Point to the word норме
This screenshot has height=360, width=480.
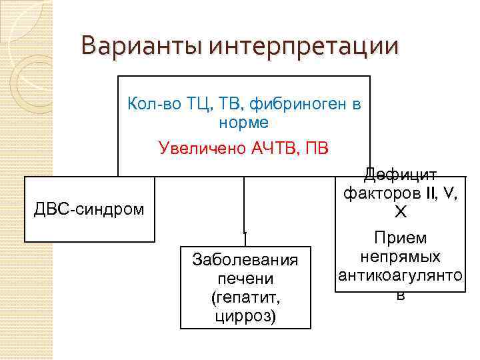click(243, 123)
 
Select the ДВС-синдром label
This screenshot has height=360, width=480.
click(89, 209)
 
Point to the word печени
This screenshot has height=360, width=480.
click(245, 278)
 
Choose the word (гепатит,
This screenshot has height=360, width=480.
click(245, 297)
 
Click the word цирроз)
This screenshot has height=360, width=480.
click(245, 315)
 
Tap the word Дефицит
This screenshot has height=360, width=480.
click(400, 175)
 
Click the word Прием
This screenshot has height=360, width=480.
click(400, 239)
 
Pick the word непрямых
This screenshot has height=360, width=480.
click(400, 257)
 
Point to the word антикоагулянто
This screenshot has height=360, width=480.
click(400, 276)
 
